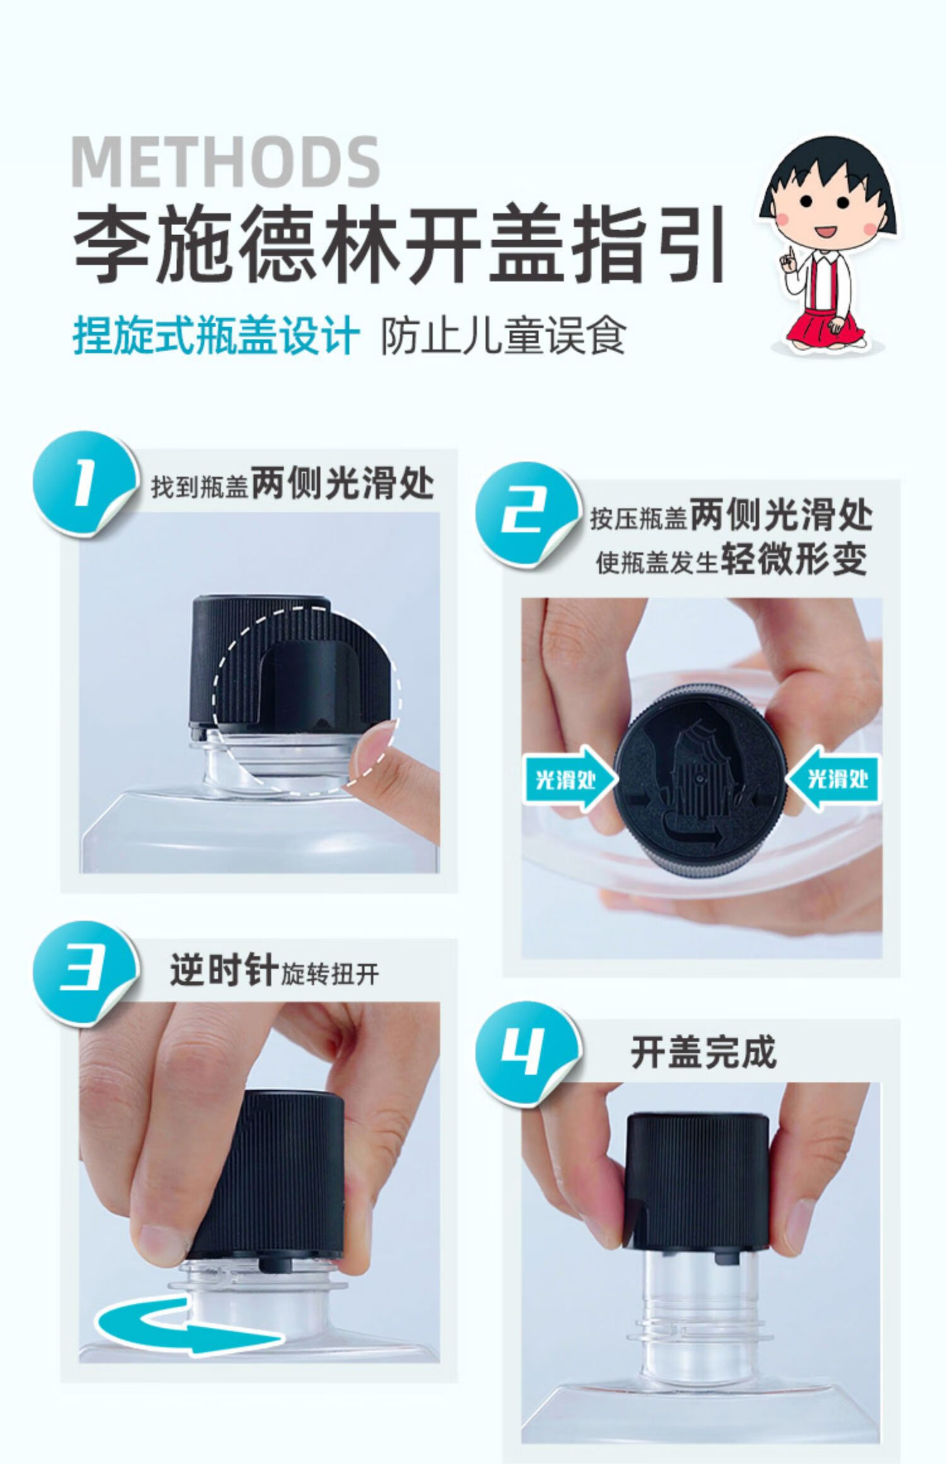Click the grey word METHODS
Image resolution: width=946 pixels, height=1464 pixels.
[225, 162]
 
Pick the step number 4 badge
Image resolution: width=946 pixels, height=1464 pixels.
[527, 1053]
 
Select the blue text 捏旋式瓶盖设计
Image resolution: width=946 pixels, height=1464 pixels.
[216, 334]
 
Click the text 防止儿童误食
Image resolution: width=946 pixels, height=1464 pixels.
[503, 334]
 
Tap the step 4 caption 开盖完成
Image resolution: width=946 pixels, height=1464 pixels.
[703, 1051]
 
